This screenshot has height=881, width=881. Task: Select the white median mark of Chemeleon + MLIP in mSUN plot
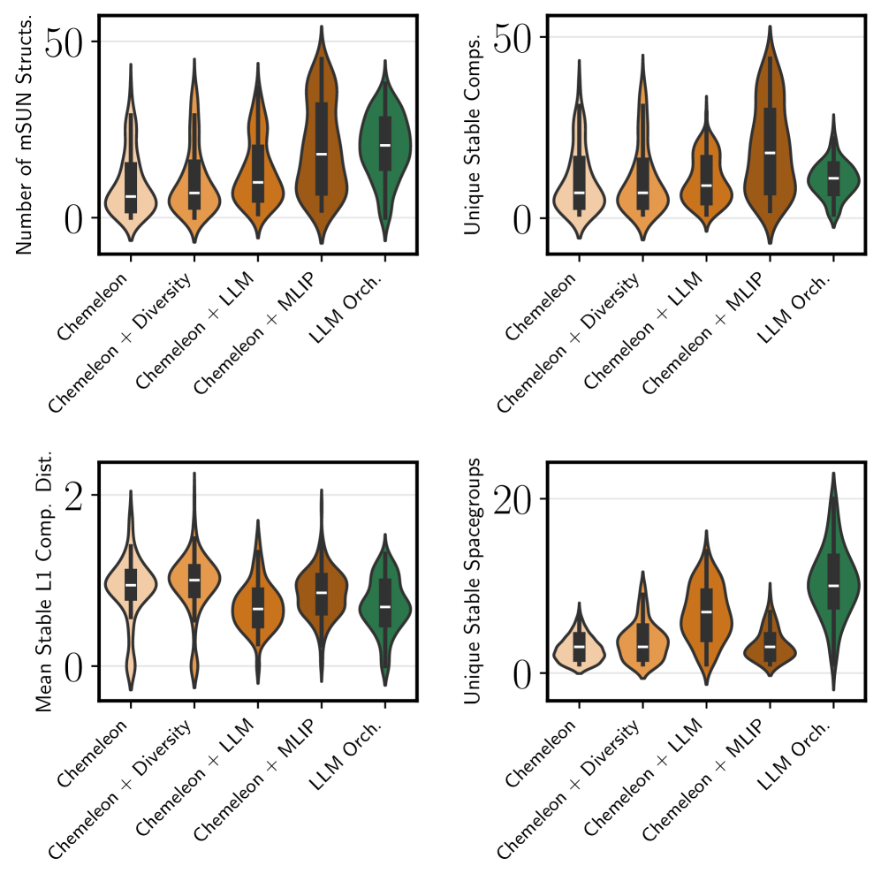[x=322, y=154]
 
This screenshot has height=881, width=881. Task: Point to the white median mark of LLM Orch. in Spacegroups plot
[x=833, y=585]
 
